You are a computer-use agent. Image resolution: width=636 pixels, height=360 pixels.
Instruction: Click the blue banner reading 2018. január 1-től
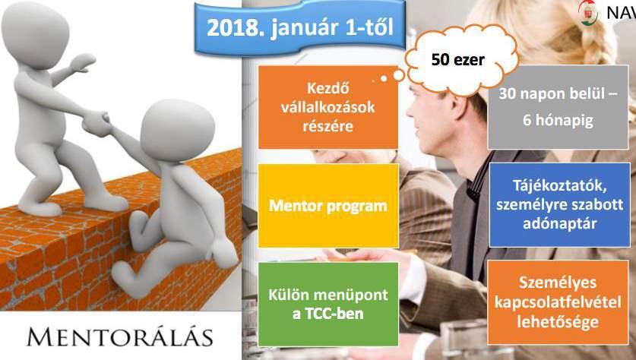coord(299,27)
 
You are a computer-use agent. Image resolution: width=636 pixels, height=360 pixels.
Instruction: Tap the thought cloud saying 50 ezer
coord(461,59)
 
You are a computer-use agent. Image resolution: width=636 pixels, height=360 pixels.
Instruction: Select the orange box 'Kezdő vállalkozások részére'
coord(328,107)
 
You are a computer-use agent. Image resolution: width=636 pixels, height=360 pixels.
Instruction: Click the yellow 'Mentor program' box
coord(328,206)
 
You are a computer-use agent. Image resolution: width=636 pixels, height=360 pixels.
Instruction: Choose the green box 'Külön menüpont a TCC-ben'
coord(328,304)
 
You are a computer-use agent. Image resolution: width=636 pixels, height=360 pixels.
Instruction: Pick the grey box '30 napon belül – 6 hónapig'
coord(558,107)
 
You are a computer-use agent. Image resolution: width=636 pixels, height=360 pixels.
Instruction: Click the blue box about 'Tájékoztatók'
coord(560,205)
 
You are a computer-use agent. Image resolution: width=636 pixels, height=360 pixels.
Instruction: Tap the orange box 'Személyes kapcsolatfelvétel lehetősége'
coord(558,302)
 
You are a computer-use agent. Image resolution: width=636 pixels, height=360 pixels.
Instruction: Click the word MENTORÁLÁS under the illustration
coord(119,338)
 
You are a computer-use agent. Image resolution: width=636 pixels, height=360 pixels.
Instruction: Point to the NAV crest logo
coord(589,12)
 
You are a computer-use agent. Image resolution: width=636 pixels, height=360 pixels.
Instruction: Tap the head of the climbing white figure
coord(177,131)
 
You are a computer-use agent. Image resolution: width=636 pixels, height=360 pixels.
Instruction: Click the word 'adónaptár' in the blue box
coord(560,224)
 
